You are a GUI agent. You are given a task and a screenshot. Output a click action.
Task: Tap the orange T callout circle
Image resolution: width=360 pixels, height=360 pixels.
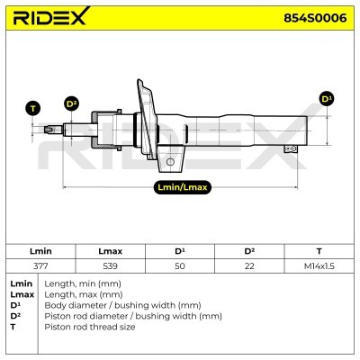pos(34,109)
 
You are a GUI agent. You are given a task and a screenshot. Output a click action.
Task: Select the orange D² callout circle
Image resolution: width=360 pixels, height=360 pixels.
pos(71,103)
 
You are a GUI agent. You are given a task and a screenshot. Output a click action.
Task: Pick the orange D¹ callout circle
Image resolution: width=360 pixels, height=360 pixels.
pos(326,97)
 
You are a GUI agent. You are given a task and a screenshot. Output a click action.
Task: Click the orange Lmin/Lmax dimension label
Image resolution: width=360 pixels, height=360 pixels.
pos(184,187)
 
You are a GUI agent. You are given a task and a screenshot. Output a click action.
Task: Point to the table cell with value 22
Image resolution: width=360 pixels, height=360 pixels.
pos(249,266)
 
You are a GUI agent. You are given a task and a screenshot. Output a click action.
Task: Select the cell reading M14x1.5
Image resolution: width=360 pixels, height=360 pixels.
pos(319,266)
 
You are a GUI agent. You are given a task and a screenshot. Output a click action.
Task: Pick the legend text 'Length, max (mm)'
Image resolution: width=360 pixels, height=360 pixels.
pos(84,295)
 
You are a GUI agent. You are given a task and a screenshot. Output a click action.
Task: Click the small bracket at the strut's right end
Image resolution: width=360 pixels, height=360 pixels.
pos(288,147)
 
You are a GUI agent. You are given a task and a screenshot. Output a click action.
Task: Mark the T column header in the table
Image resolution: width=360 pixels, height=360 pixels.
pos(319,251)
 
